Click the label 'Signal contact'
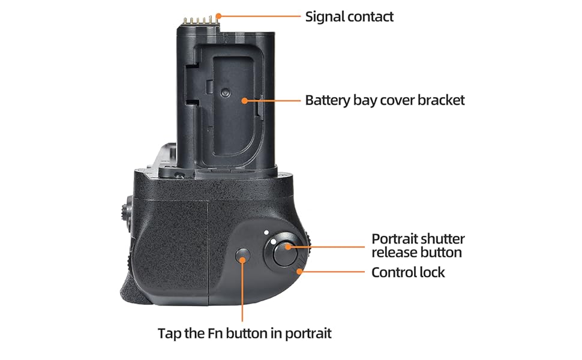(x=349, y=17)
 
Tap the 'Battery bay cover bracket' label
(x=385, y=100)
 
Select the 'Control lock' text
(x=408, y=272)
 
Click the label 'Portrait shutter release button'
(x=418, y=245)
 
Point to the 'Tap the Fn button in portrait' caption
(x=245, y=333)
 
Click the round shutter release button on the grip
(x=285, y=254)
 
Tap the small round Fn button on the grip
(x=243, y=256)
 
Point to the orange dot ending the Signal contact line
(x=218, y=16)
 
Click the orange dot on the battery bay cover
(x=244, y=100)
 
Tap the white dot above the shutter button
(x=266, y=233)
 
